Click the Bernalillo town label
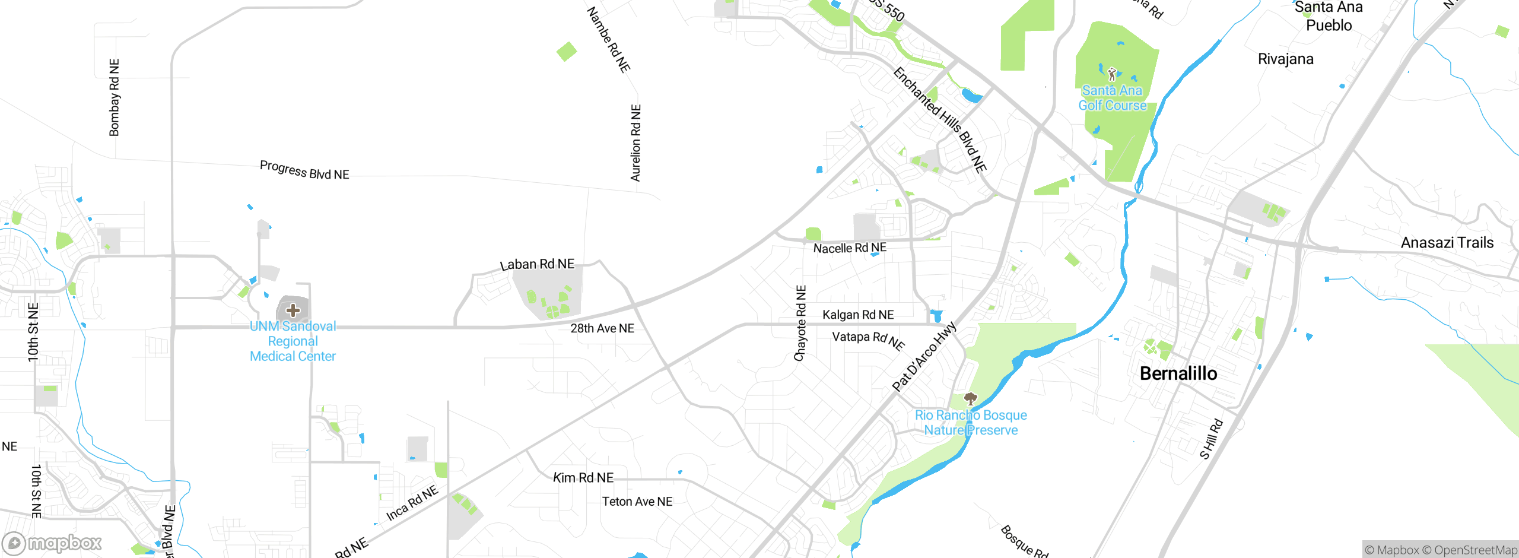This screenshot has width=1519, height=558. click(1178, 373)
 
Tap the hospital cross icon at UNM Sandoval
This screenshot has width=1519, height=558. click(293, 310)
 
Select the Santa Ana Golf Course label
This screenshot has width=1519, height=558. click(1112, 98)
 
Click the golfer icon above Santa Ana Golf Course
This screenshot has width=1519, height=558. click(1112, 74)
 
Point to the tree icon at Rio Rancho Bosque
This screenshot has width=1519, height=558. click(971, 398)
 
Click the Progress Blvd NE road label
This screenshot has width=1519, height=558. click(304, 170)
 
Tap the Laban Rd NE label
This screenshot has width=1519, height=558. click(537, 264)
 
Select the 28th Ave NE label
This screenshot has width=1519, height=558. click(602, 328)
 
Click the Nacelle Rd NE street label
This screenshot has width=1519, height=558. click(850, 248)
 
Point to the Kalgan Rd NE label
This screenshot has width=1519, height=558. click(858, 315)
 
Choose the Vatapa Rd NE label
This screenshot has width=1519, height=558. click(868, 340)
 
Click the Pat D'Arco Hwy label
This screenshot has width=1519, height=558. click(924, 356)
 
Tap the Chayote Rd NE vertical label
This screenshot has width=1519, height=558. click(800, 324)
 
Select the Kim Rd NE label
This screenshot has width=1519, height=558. click(583, 477)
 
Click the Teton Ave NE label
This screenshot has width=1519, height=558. click(637, 502)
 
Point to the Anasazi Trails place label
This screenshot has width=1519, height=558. click(1447, 243)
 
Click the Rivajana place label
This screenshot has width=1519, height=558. click(1286, 59)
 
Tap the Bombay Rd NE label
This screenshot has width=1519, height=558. click(115, 97)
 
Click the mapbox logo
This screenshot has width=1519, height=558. click(52, 543)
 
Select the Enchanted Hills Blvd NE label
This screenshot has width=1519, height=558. click(940, 120)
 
